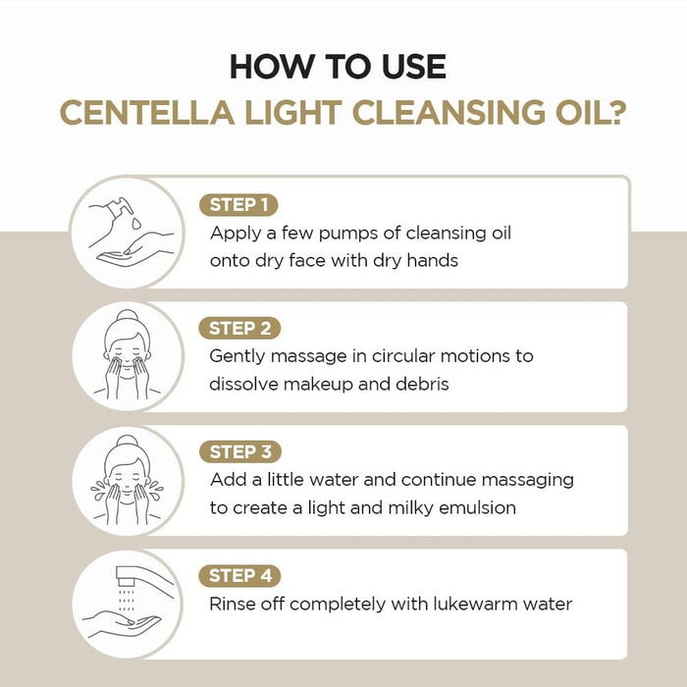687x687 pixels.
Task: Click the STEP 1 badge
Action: point(238,205)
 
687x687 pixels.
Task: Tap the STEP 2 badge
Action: point(239,329)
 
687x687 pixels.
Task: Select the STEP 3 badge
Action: point(239,452)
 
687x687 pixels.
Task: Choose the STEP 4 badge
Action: point(239,576)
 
